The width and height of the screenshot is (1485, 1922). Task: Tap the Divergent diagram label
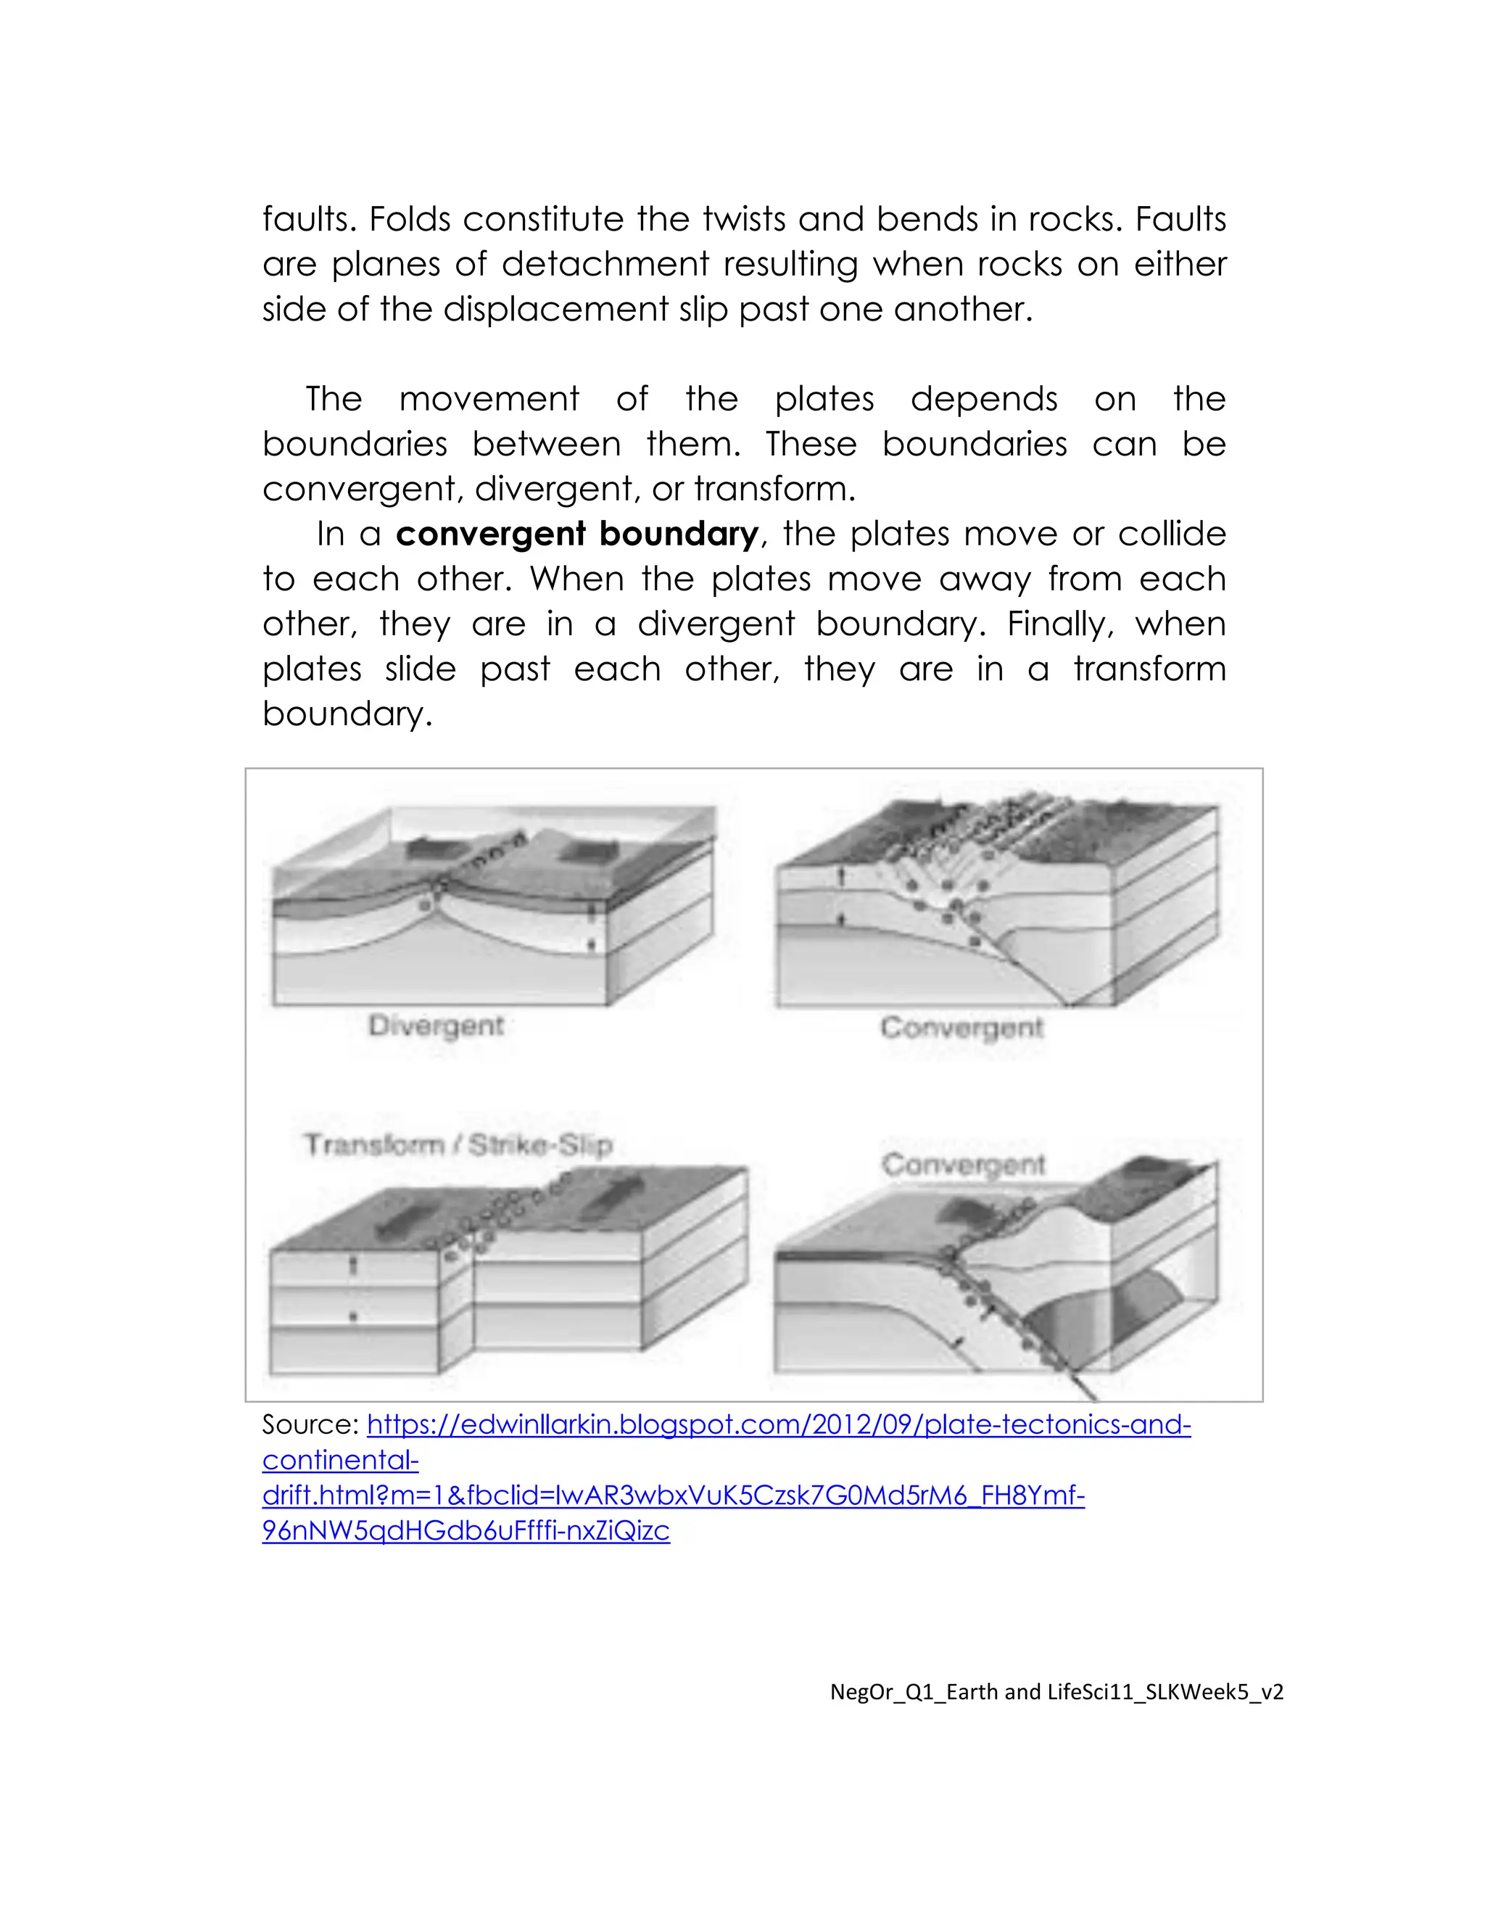tap(436, 1026)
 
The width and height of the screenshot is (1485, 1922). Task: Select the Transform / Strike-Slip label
tap(458, 1145)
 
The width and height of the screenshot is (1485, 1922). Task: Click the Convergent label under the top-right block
tap(961, 1027)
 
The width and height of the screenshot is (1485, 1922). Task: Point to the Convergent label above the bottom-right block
tap(964, 1164)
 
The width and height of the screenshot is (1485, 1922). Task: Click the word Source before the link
tap(309, 1424)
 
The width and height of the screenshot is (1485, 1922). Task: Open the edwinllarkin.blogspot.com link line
tap(779, 1424)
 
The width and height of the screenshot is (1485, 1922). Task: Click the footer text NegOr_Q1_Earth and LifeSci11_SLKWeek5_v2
tap(1056, 1691)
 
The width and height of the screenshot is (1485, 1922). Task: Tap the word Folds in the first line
tap(410, 219)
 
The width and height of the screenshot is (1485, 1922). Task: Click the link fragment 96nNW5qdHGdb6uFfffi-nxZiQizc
tap(466, 1530)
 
